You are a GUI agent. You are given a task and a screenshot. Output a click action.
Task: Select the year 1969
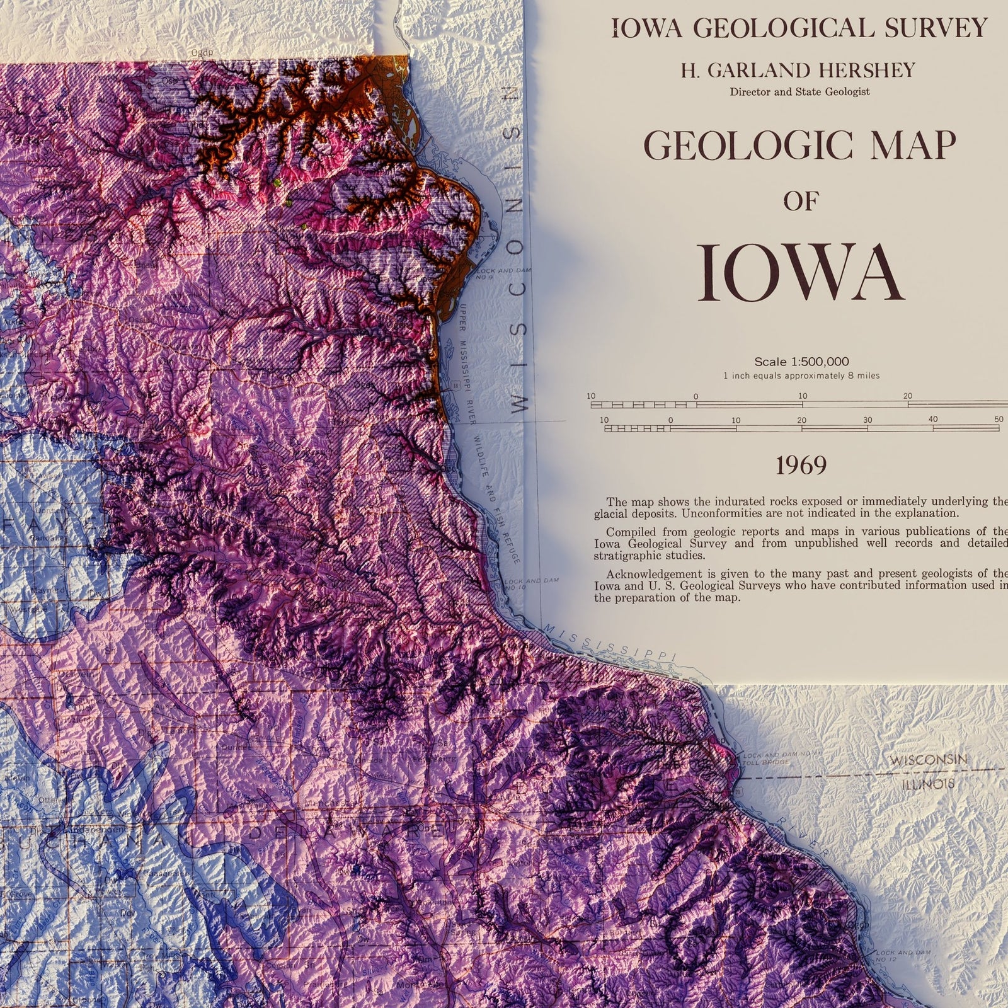coord(801,466)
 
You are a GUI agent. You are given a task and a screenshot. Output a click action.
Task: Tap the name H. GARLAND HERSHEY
coord(798,71)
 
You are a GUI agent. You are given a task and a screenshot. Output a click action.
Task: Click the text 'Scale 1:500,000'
coord(801,362)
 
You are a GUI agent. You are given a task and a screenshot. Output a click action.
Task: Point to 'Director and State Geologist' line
coord(799,92)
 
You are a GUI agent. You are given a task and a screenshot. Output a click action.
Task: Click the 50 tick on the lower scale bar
coord(999,420)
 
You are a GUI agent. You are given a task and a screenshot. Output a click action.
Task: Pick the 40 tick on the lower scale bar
coord(932,420)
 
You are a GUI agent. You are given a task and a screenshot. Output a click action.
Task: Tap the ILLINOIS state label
coord(927,785)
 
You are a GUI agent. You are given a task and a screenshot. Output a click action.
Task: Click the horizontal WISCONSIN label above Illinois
coord(928,760)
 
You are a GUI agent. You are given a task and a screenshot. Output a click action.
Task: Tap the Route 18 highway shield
coord(454,385)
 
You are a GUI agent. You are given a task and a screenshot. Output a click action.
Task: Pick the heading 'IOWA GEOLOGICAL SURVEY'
coord(798,28)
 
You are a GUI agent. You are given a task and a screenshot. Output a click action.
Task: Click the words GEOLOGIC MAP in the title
coord(799,146)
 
